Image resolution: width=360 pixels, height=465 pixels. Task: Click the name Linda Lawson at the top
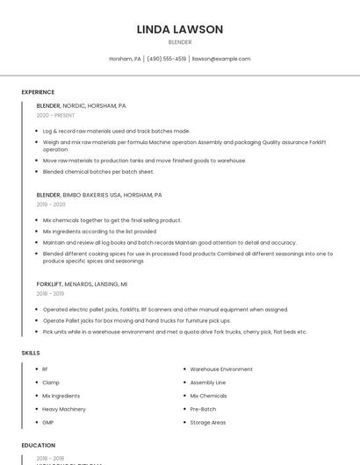point(180,29)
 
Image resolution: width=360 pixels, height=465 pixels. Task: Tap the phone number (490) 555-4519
point(167,59)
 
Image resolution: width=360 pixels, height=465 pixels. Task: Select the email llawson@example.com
point(221,59)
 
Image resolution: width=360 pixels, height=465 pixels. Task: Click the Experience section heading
point(38,92)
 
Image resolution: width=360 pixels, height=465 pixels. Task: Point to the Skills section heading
point(31,353)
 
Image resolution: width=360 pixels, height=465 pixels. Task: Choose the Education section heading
point(39,446)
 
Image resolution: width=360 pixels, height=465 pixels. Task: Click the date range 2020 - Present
point(55,115)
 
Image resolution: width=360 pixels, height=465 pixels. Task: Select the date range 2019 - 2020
point(51,204)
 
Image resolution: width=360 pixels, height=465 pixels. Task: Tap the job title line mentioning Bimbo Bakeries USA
point(99,195)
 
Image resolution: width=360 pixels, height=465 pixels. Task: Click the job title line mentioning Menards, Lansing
point(82,284)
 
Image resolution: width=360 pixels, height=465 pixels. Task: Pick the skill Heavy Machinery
point(64,409)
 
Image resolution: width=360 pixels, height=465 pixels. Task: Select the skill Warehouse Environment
point(221,369)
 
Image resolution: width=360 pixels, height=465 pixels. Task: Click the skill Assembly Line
point(208,383)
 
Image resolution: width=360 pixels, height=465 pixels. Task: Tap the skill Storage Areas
point(208,422)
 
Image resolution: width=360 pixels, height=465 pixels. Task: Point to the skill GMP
point(48,422)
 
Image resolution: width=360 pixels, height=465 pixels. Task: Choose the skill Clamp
point(51,383)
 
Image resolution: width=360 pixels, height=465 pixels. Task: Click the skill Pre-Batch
point(203,409)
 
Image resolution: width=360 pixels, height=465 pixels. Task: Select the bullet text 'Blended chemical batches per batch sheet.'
point(98,172)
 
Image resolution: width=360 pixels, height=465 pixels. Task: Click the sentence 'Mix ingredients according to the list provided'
point(99,231)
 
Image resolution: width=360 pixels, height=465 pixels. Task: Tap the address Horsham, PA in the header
point(125,59)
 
